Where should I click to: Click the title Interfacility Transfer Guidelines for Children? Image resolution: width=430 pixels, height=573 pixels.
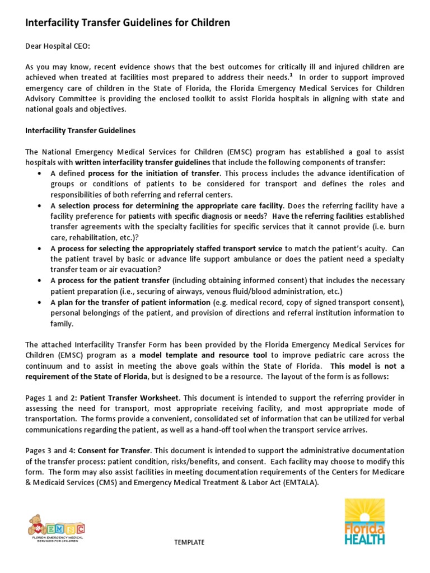128,23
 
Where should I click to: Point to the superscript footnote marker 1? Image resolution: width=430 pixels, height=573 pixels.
291,75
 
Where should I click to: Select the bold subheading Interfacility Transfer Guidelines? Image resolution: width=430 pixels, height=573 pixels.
81,130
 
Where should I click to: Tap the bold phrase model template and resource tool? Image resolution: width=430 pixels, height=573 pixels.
205,355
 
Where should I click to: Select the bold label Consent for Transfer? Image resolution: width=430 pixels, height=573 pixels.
114,450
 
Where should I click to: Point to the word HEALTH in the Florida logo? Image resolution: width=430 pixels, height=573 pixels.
364,539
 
